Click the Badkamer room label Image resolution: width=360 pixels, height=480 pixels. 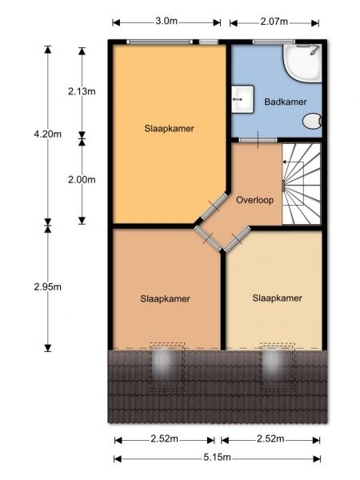(x=286, y=102)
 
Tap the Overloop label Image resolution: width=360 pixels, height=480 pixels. (x=254, y=200)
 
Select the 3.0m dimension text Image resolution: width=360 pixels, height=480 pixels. (x=166, y=21)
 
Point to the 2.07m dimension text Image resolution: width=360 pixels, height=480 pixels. (x=274, y=22)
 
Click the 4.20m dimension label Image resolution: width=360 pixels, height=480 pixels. (x=47, y=134)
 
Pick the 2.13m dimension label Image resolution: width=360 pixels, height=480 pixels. (x=82, y=91)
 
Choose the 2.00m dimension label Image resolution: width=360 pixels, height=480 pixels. (x=82, y=180)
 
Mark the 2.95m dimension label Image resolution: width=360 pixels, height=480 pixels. (x=47, y=287)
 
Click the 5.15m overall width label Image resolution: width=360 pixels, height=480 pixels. (x=217, y=458)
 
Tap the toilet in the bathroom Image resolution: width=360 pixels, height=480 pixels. (x=312, y=122)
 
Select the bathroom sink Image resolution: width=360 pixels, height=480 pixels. (x=242, y=99)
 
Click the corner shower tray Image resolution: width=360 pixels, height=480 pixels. (x=302, y=63)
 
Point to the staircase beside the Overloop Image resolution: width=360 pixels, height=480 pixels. (x=302, y=184)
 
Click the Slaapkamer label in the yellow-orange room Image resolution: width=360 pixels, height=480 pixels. (x=170, y=128)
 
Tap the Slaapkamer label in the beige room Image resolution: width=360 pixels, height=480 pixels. (x=277, y=298)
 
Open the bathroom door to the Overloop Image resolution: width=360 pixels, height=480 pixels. (x=258, y=140)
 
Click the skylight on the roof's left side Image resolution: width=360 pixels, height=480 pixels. (x=167, y=366)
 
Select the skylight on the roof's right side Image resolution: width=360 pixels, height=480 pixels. (x=278, y=366)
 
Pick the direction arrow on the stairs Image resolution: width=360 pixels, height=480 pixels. (x=293, y=162)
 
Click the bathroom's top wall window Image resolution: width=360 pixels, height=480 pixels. (x=274, y=42)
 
